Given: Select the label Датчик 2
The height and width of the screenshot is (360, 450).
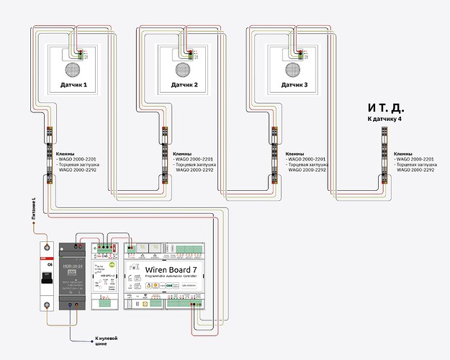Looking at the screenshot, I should [184, 85].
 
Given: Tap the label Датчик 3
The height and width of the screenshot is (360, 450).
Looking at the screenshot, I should [294, 85].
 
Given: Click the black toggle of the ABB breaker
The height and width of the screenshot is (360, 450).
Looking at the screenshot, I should [48, 278].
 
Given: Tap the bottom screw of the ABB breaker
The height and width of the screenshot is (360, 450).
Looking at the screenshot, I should [48, 305].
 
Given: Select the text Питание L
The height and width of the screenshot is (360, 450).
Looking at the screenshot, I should [33, 209].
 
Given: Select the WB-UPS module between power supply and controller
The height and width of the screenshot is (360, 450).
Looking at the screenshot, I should [106, 277].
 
